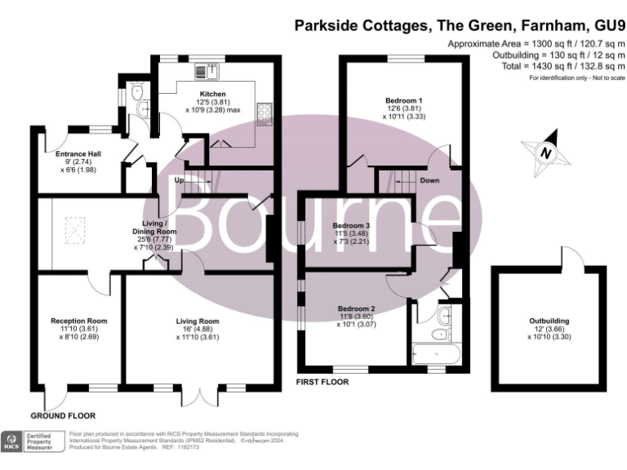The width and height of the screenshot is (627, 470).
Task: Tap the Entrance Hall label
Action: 77,153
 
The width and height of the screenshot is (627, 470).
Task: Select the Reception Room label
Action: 78,321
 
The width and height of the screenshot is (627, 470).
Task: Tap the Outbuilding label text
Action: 549,321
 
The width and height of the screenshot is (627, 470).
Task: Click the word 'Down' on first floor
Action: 431,180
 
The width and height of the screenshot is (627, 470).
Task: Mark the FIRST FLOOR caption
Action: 321,382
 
